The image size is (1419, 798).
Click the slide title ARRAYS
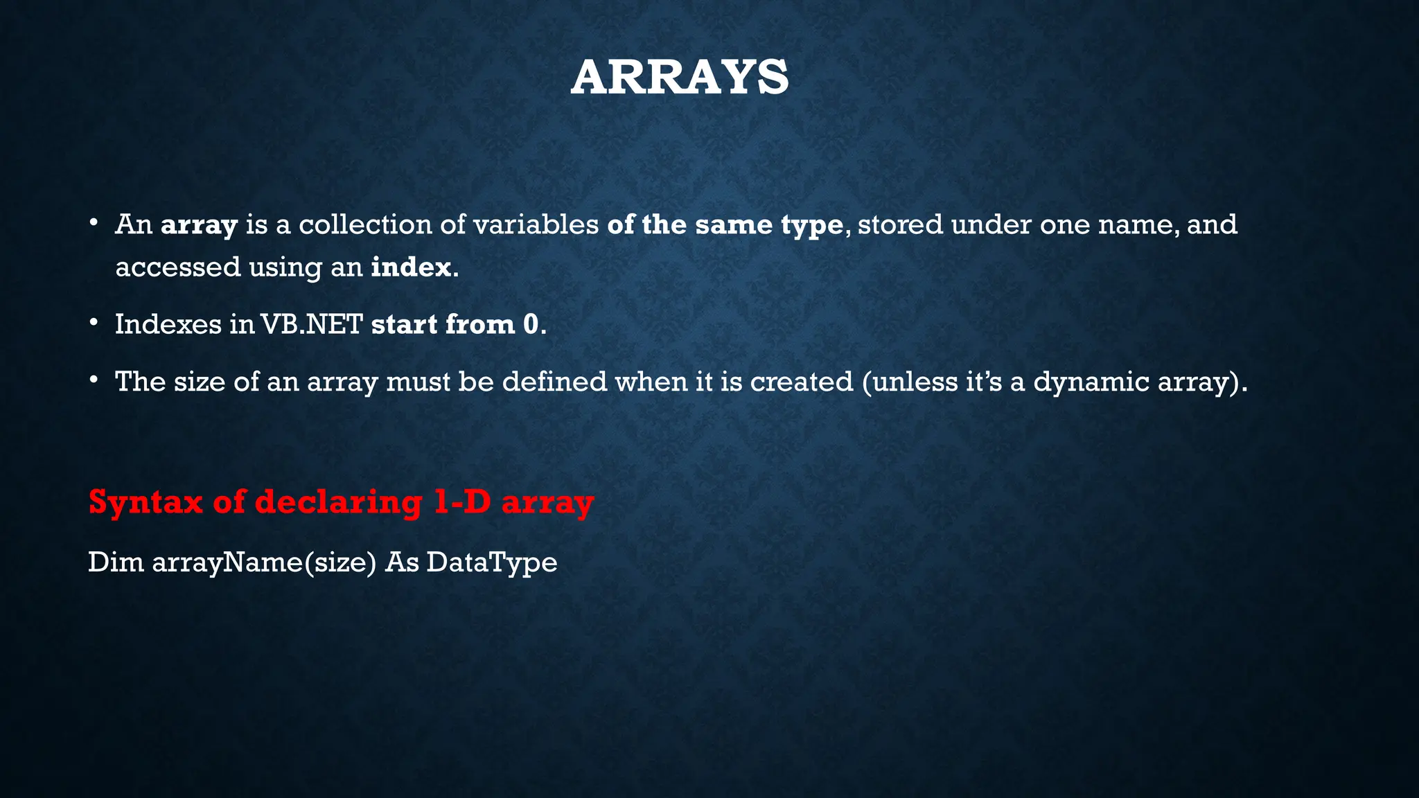click(x=680, y=78)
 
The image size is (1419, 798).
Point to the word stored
click(x=900, y=224)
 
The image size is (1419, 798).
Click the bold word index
click(x=411, y=267)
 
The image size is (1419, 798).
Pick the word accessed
click(x=177, y=267)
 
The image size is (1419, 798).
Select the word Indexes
click(x=168, y=324)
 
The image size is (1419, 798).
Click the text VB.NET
click(x=312, y=324)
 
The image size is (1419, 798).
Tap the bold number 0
click(x=531, y=324)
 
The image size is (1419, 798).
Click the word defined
click(x=554, y=382)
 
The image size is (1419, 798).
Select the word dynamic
click(x=1091, y=382)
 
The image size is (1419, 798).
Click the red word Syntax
click(x=146, y=502)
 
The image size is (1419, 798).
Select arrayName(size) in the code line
click(x=264, y=562)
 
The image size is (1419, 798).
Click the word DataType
click(x=491, y=562)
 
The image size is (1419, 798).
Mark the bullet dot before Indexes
click(x=94, y=323)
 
